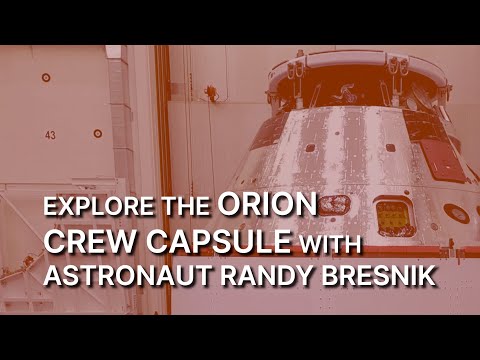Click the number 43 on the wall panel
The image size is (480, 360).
(49, 133)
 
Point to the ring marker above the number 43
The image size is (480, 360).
(46, 77)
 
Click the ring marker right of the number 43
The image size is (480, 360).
(97, 133)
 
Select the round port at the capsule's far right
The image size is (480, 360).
(457, 213)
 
